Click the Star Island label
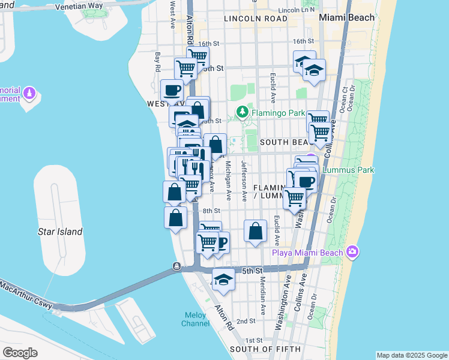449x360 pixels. pos(60,232)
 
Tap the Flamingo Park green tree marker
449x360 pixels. pos(242,111)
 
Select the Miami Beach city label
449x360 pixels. pos(347,17)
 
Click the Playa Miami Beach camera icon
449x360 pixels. pos(352,252)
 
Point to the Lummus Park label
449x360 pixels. pos(348,170)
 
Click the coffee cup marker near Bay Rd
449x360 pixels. pos(172,91)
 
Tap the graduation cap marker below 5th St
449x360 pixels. pos(223,280)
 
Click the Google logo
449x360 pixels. pos(20,352)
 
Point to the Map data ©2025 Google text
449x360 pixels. pos(411,355)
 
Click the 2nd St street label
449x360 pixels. pos(246,322)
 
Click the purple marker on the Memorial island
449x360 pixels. pos(29,94)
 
